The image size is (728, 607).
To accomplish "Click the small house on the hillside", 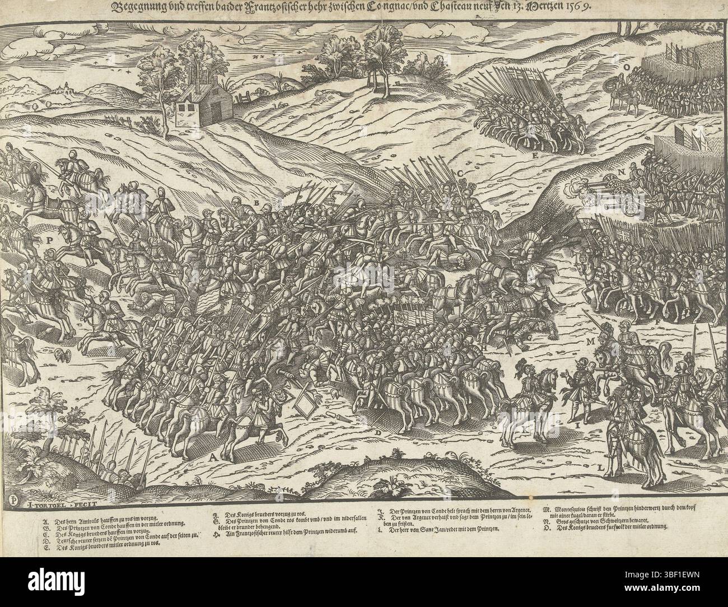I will [198, 108].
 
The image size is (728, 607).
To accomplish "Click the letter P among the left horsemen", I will [50, 240].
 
